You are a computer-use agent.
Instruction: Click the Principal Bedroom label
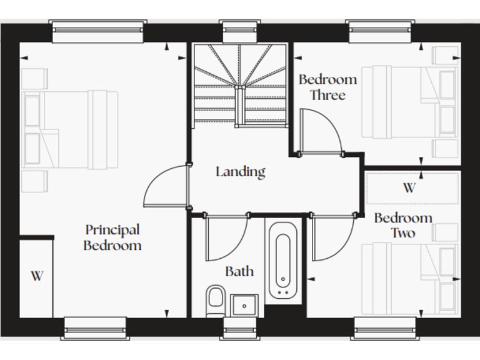click(x=112, y=237)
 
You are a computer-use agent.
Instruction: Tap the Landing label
click(x=241, y=171)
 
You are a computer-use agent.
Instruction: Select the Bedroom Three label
click(x=327, y=87)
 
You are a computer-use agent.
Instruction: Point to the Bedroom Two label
click(x=403, y=225)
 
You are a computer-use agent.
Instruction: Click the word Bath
click(x=239, y=271)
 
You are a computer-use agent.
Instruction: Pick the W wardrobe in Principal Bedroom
click(x=36, y=276)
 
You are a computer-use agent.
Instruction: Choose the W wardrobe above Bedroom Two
click(x=409, y=188)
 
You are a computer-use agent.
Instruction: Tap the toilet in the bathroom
click(x=215, y=299)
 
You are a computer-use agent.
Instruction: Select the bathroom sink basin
click(x=244, y=306)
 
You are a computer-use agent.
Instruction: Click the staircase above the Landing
click(x=240, y=84)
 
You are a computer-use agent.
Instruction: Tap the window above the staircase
click(x=240, y=31)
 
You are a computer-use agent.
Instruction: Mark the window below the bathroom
click(x=240, y=327)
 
